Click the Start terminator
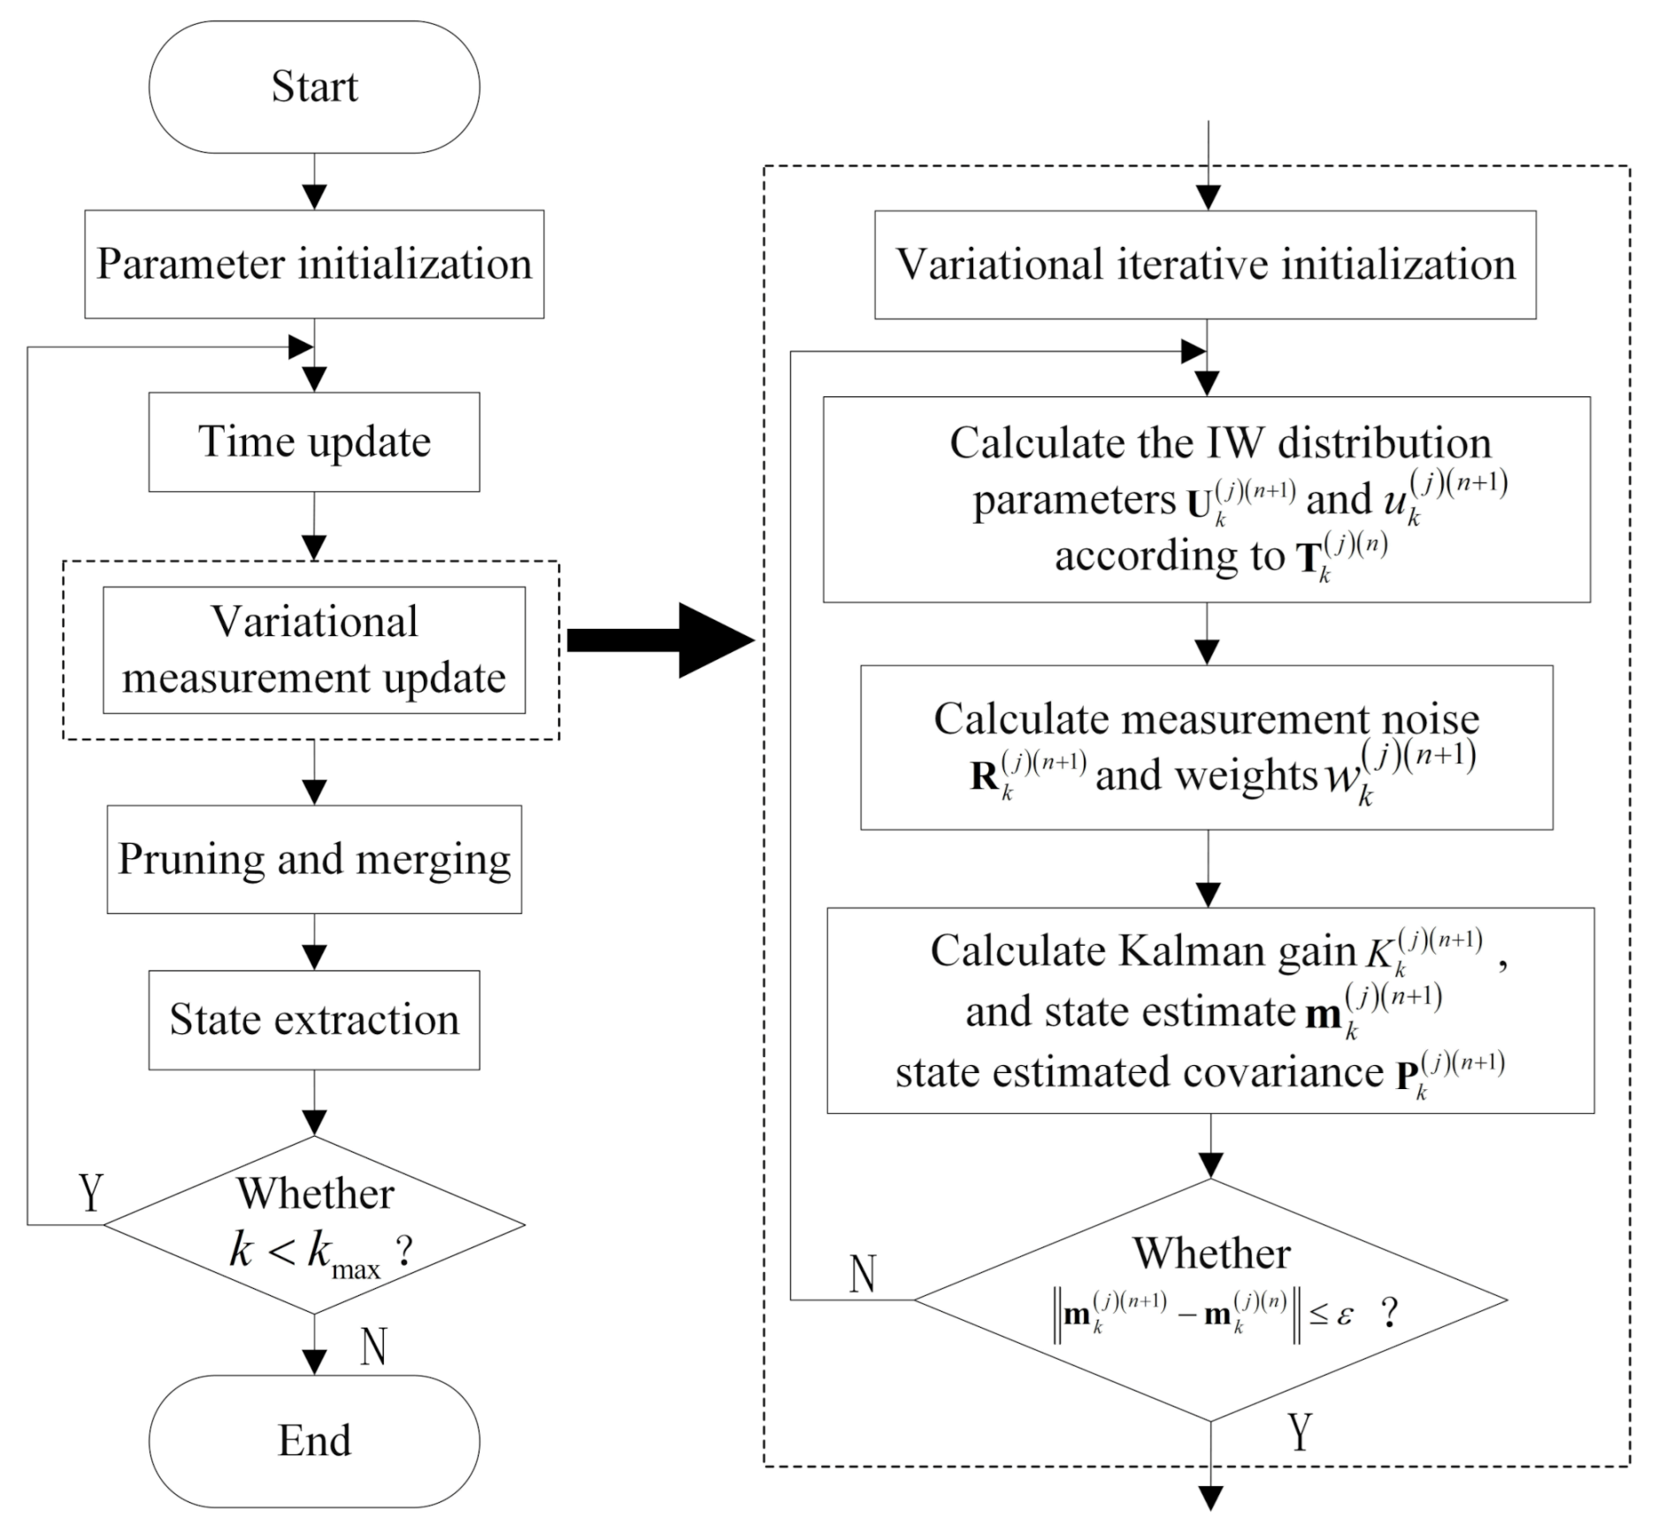click(314, 87)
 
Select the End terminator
click(314, 1441)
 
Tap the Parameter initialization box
click(314, 264)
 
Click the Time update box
click(314, 441)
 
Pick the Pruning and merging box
click(314, 859)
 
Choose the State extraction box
click(314, 1020)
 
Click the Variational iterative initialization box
click(1205, 265)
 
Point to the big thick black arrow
click(660, 640)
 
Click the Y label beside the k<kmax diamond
click(91, 1193)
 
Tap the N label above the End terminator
click(373, 1346)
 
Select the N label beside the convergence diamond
click(863, 1274)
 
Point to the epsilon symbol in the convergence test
click(1345, 1315)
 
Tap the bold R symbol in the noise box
click(984, 776)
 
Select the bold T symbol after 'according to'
click(1308, 558)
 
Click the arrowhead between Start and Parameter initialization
click(314, 196)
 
